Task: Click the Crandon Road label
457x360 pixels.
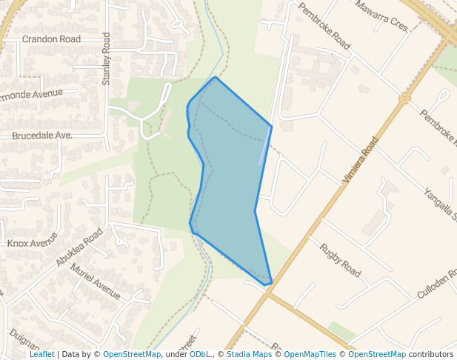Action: coord(51,39)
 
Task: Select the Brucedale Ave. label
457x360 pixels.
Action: coord(41,136)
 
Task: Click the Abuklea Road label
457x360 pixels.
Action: coord(79,247)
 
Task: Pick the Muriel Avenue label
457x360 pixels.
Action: coord(95,281)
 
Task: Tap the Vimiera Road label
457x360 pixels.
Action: coord(361,160)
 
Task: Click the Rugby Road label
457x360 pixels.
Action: coord(340,260)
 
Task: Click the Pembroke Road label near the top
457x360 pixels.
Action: coord(324,26)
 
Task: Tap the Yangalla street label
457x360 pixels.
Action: coord(440,204)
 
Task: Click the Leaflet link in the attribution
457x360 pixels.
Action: coord(41,354)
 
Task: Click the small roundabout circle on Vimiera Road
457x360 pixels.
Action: coord(404,98)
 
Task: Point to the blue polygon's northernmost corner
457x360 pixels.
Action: coord(215,77)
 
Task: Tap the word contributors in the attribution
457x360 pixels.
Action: coord(431,354)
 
